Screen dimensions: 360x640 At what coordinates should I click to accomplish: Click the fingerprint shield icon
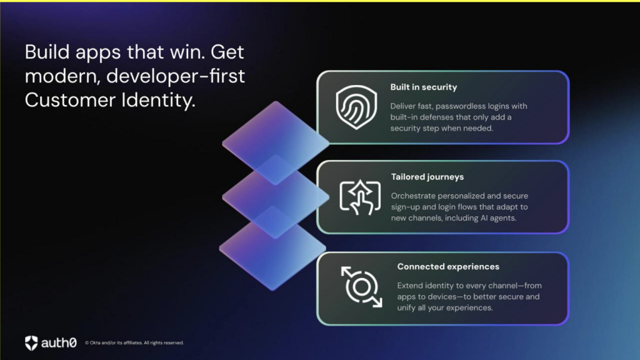point(356,107)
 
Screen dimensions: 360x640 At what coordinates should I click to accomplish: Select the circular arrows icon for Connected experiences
point(361,286)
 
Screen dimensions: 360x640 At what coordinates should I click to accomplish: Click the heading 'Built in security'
point(423,87)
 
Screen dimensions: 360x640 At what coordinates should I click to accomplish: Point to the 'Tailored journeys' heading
point(427,177)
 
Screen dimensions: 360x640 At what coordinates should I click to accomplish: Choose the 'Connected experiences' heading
point(448,266)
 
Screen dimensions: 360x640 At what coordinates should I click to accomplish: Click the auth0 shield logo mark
point(31,343)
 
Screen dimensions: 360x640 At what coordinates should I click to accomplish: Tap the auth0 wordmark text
point(59,343)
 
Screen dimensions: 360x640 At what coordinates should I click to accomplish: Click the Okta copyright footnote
point(134,343)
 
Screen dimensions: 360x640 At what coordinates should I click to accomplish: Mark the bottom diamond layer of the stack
point(272,255)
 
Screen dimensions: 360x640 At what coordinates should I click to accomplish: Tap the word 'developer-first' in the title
point(175,76)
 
